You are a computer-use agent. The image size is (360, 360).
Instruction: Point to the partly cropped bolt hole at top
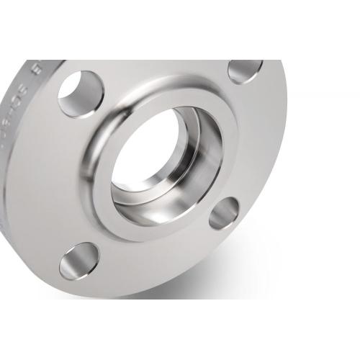[x=245, y=69]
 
